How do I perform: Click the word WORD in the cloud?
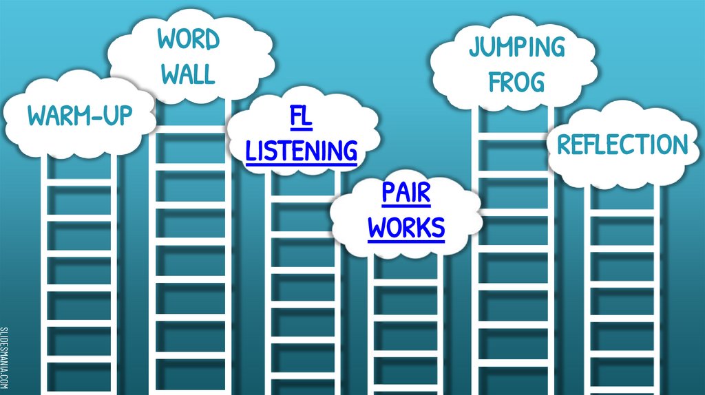188,40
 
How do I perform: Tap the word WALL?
188,74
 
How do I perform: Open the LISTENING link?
302,150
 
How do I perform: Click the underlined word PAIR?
406,193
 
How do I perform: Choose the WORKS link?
406,227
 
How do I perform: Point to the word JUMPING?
516,47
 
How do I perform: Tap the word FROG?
516,82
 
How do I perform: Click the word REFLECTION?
622,145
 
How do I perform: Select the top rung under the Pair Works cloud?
406,281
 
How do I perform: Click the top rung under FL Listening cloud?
302,200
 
